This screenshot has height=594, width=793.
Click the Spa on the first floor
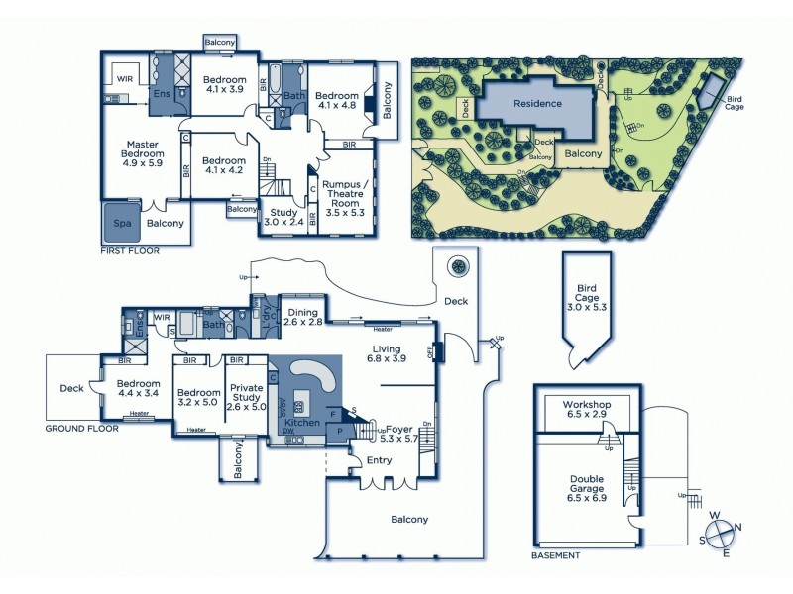(x=123, y=224)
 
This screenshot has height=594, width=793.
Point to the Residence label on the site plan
(x=537, y=103)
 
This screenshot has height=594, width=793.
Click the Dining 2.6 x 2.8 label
(x=303, y=317)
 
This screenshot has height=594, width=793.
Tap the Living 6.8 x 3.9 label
(x=386, y=354)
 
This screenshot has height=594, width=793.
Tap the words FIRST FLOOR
(x=130, y=251)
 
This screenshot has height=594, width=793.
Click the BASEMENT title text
(x=555, y=556)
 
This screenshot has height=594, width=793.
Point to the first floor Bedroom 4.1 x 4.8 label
(x=337, y=103)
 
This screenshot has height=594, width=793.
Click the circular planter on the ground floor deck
(x=458, y=266)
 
